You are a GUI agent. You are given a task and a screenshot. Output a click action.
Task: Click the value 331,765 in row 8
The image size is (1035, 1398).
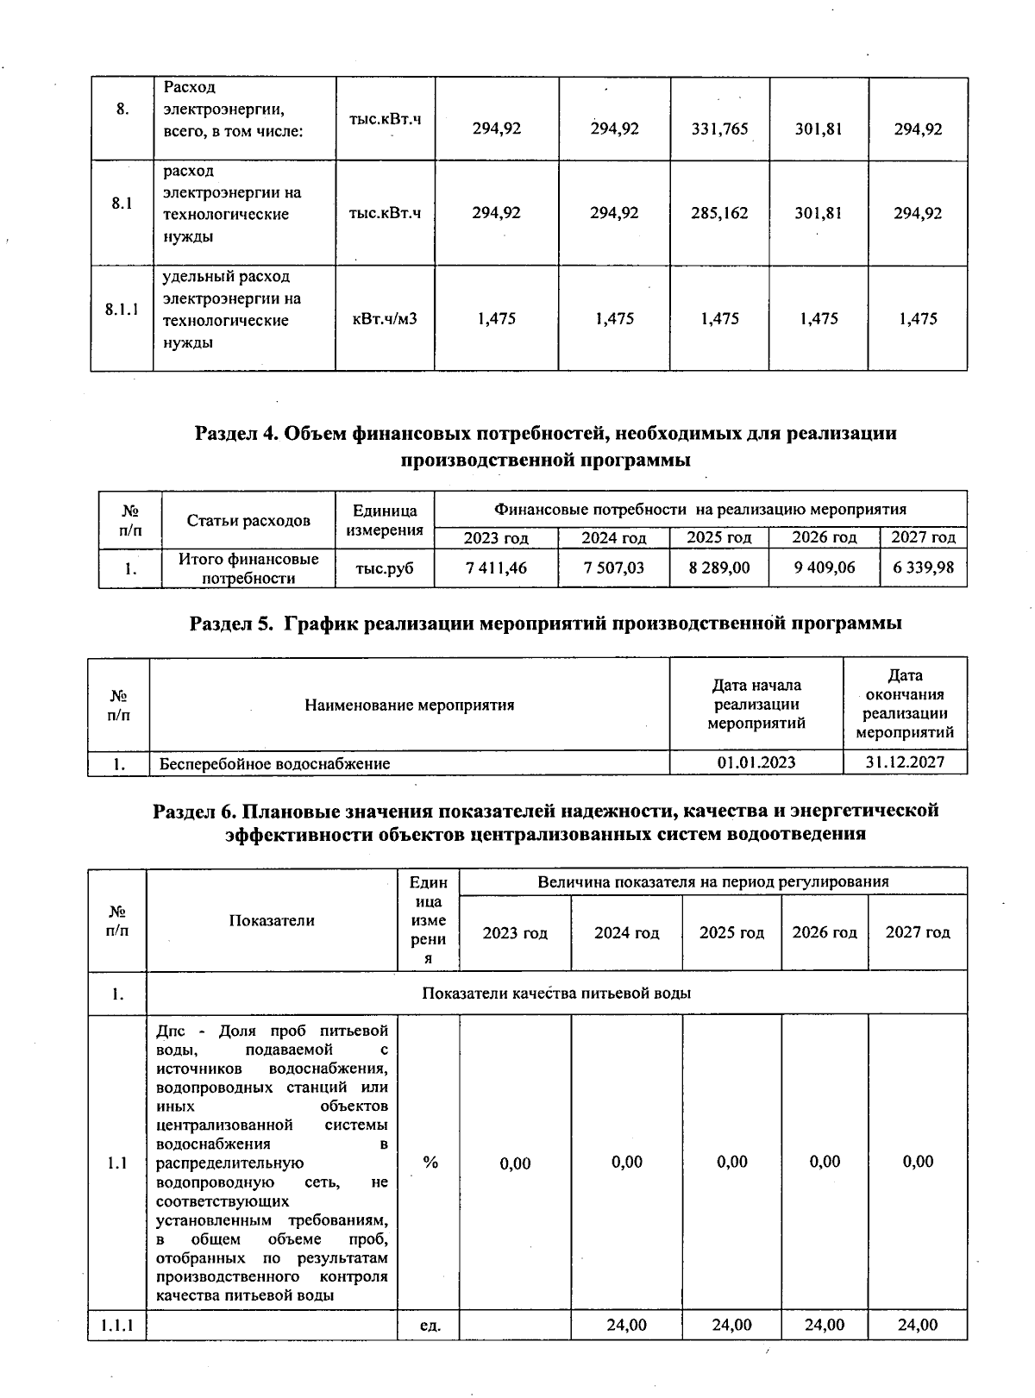tap(720, 129)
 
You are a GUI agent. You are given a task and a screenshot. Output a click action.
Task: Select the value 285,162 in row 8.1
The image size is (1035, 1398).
tap(720, 213)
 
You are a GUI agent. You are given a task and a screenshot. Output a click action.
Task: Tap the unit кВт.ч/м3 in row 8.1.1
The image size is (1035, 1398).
tap(385, 319)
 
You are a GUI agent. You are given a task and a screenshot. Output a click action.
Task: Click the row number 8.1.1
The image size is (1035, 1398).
tap(122, 310)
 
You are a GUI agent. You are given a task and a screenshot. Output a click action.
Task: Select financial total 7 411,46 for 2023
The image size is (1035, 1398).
tap(495, 568)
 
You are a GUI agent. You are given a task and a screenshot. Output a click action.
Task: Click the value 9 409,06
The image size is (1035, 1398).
tap(824, 568)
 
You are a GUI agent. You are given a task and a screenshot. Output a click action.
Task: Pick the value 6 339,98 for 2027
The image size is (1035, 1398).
tap(923, 568)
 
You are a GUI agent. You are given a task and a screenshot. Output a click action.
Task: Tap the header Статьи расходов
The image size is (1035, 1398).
tap(248, 521)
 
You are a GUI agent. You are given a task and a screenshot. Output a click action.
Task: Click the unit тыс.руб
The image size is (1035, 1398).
tap(385, 568)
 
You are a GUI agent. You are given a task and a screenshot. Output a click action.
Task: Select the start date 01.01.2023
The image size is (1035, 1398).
tap(756, 762)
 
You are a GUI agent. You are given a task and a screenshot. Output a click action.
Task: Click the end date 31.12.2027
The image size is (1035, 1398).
tap(905, 762)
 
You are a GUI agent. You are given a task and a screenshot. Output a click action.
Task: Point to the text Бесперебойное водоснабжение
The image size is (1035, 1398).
tap(274, 764)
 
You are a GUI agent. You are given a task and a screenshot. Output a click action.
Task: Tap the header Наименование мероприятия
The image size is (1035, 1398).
tap(409, 705)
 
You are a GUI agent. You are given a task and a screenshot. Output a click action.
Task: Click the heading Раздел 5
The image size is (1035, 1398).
tap(546, 624)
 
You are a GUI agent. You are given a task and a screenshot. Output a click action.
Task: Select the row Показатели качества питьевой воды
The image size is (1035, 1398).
tap(556, 994)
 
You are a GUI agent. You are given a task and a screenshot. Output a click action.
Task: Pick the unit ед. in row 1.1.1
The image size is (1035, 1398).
tap(430, 1326)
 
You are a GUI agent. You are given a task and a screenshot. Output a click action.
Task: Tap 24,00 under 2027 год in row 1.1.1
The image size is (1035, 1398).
tap(918, 1325)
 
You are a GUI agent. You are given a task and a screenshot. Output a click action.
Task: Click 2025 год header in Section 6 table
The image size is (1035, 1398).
tap(731, 933)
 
